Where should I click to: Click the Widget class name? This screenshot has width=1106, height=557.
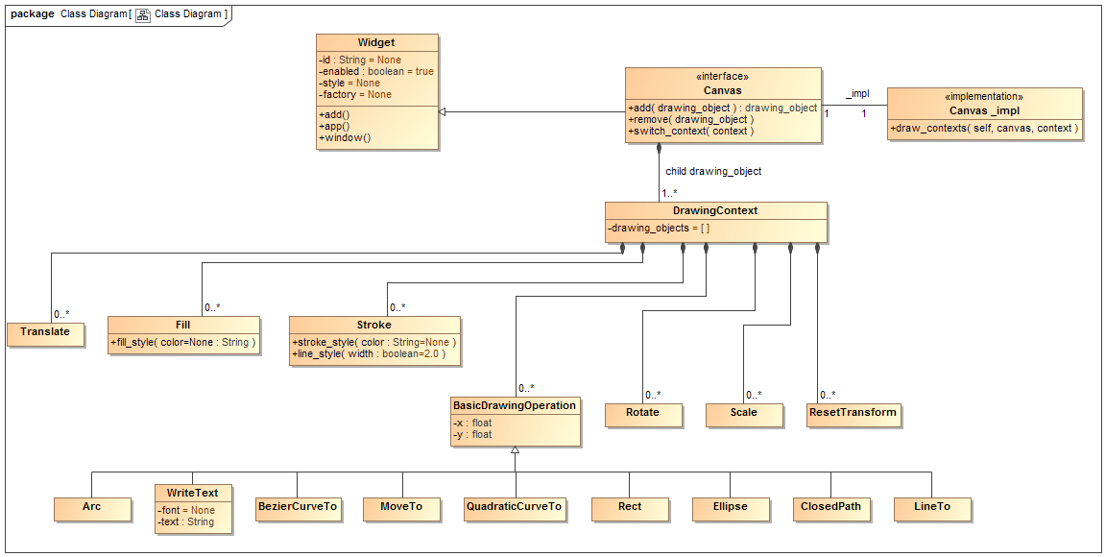point(376,43)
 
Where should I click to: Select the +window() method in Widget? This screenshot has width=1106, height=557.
point(345,138)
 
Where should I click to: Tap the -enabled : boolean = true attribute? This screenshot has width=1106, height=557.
point(376,72)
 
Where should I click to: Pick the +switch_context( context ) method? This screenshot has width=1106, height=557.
point(690,132)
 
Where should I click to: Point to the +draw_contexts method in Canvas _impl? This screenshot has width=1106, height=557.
point(984,128)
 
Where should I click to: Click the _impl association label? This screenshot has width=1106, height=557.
point(857,94)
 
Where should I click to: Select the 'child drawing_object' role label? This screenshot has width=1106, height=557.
point(713,172)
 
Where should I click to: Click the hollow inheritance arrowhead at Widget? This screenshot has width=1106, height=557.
point(443,112)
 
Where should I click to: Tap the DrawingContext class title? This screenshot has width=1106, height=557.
point(715,210)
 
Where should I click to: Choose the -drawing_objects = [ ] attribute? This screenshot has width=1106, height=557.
point(659,229)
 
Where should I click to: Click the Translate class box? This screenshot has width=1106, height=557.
point(45,332)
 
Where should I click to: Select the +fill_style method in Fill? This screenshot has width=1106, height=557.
point(183,342)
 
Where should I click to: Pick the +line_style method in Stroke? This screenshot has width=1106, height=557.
point(369,354)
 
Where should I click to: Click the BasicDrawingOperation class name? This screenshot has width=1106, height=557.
point(515,406)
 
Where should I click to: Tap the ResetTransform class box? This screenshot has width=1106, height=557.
point(854,413)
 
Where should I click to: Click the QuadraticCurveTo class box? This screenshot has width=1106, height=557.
point(514,507)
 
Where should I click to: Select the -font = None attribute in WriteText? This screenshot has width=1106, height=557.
point(187,511)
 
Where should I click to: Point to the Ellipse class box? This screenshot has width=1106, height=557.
point(730,507)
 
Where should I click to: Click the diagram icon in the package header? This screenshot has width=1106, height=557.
point(142,15)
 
